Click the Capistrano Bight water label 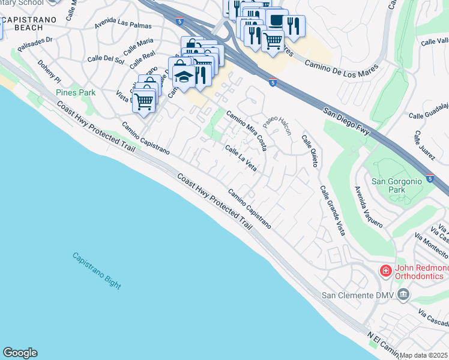click(x=97, y=271)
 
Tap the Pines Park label click(x=76, y=93)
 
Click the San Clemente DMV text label click(x=357, y=295)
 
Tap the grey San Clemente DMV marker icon click(x=402, y=294)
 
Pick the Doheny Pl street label click(x=49, y=71)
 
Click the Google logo click(x=20, y=353)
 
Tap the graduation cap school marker click(x=183, y=74)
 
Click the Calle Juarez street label click(x=423, y=145)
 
